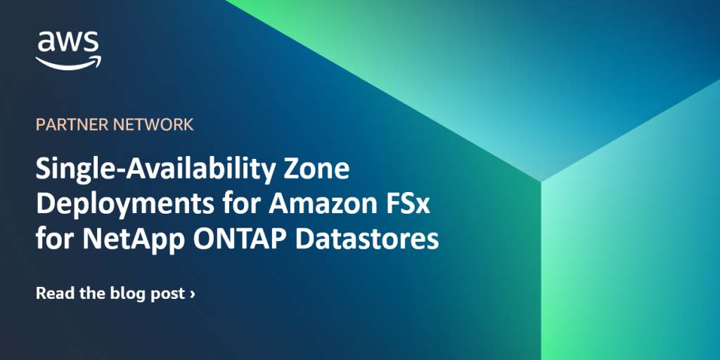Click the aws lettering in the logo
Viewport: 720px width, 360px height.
click(68, 43)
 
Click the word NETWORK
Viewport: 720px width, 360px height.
click(152, 125)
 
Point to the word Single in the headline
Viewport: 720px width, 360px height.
click(71, 171)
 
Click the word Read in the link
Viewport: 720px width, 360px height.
click(54, 293)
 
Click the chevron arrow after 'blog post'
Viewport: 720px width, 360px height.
click(193, 294)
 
